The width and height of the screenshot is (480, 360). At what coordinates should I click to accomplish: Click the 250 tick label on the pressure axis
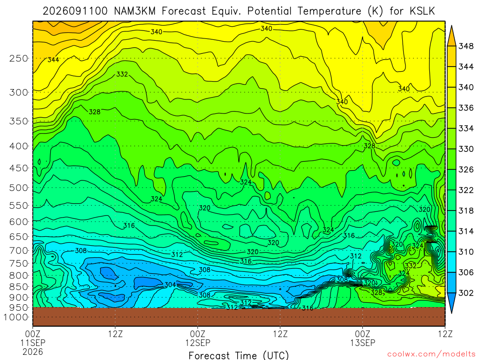(19, 58)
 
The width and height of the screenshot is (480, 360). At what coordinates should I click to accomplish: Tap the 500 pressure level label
(19, 187)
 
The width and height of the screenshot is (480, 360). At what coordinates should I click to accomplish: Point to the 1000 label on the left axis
(16, 317)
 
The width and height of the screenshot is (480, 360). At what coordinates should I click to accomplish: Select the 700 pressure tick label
(19, 250)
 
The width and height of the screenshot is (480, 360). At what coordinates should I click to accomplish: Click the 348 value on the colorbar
(466, 46)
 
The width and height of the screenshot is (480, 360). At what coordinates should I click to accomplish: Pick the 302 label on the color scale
(466, 293)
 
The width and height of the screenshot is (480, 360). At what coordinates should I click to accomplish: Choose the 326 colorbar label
(466, 170)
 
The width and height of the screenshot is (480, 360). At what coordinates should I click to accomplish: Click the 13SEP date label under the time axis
(363, 343)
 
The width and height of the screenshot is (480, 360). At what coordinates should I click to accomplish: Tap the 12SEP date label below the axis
(198, 343)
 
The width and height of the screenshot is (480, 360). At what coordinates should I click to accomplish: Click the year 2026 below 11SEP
(33, 352)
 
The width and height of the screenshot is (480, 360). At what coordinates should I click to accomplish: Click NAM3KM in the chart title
(135, 11)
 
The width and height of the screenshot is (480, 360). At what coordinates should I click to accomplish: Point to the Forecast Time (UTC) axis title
(239, 355)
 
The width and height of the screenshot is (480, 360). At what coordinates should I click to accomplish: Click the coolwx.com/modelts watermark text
(431, 354)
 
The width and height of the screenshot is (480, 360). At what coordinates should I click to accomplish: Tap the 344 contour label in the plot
(53, 60)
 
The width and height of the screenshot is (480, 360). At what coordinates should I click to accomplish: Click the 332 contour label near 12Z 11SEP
(122, 74)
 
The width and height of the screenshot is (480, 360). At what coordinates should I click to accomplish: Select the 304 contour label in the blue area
(170, 285)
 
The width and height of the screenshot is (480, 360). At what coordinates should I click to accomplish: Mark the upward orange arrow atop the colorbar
(451, 36)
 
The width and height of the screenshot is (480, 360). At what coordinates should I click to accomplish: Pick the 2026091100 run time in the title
(75, 11)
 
